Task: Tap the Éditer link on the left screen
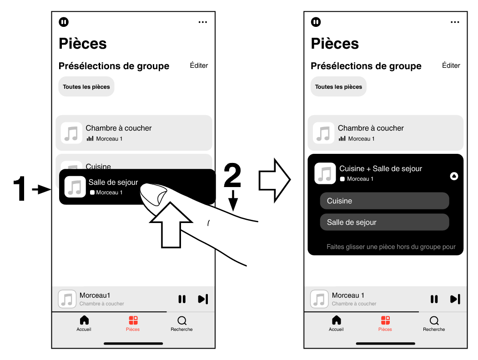click(x=199, y=66)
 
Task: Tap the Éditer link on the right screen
click(x=451, y=66)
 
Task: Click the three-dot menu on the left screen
click(x=203, y=22)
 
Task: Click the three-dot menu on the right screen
click(x=455, y=22)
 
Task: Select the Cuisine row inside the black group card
click(x=384, y=201)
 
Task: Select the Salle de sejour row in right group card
click(x=384, y=222)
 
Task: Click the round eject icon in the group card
click(x=453, y=176)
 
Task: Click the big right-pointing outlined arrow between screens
click(x=274, y=180)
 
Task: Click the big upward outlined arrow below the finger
click(x=171, y=225)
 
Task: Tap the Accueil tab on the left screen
click(x=84, y=323)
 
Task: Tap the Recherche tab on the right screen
click(x=434, y=323)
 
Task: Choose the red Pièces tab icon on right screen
click(x=385, y=320)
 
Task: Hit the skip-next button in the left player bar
click(x=203, y=299)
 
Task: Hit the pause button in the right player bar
click(x=434, y=299)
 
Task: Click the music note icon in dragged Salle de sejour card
click(x=75, y=187)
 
